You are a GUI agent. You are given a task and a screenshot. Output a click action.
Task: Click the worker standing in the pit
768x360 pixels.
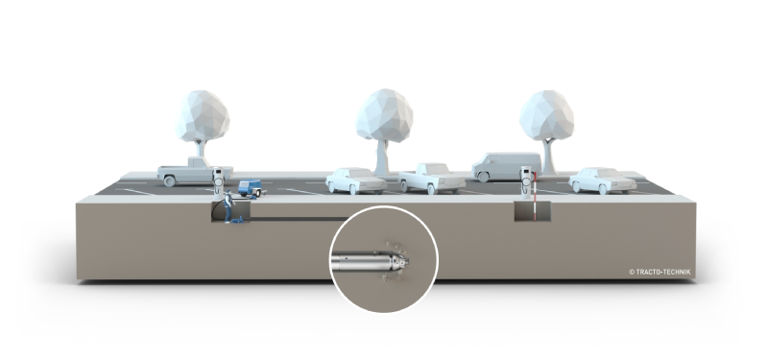tap(228, 206)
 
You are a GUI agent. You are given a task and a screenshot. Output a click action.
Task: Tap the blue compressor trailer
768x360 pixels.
tap(251, 188)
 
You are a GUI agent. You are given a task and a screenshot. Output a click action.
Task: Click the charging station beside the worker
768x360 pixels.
tap(218, 183)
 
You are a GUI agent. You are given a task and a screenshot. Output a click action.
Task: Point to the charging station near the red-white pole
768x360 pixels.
tap(525, 182)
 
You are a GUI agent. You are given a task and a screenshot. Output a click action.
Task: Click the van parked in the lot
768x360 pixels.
tap(507, 166)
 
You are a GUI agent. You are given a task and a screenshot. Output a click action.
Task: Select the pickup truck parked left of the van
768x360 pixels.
tap(431, 179)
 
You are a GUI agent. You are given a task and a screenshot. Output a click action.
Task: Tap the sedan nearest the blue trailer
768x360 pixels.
tap(356, 180)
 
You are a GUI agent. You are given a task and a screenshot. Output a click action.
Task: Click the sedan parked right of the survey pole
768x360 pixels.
tap(603, 180)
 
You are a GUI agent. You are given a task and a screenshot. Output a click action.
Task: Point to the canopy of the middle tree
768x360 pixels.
tap(384, 115)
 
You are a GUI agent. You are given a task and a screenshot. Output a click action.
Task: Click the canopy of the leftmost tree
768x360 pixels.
tap(203, 116)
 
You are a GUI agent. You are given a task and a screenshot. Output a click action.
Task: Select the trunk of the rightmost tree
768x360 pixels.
tap(548, 156)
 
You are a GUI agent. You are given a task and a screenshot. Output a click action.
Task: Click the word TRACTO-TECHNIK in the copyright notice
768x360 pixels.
tap(663, 272)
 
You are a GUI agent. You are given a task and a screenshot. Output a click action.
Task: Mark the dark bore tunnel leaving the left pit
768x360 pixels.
tap(300, 219)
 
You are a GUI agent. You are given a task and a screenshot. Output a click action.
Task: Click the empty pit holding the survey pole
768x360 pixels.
tap(533, 211)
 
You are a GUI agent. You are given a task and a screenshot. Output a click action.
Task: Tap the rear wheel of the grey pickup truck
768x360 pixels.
tap(170, 181)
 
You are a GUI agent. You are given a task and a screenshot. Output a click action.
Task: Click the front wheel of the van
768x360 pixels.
tap(484, 177)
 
